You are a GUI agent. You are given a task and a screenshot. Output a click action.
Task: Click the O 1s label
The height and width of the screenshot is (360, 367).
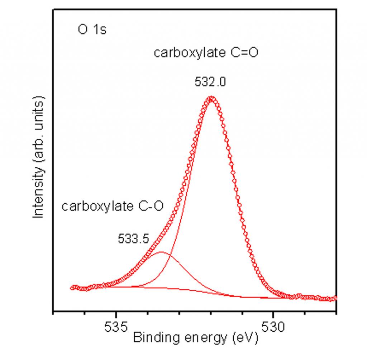(92, 29)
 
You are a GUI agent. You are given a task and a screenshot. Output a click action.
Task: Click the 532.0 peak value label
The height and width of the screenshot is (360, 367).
(210, 82)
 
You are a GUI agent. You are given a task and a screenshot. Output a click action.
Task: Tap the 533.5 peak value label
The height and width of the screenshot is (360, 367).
(133, 239)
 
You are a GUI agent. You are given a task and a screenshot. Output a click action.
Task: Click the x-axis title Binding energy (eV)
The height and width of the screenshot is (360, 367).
(195, 338)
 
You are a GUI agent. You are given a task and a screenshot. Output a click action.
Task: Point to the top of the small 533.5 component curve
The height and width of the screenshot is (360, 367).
(161, 252)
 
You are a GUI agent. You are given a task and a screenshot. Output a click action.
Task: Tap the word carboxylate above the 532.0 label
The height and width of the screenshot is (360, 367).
(185, 53)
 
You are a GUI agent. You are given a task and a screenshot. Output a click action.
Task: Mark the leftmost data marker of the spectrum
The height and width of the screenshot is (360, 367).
(72, 287)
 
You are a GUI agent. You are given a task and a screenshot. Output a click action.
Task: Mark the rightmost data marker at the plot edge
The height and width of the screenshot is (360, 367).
(335, 298)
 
